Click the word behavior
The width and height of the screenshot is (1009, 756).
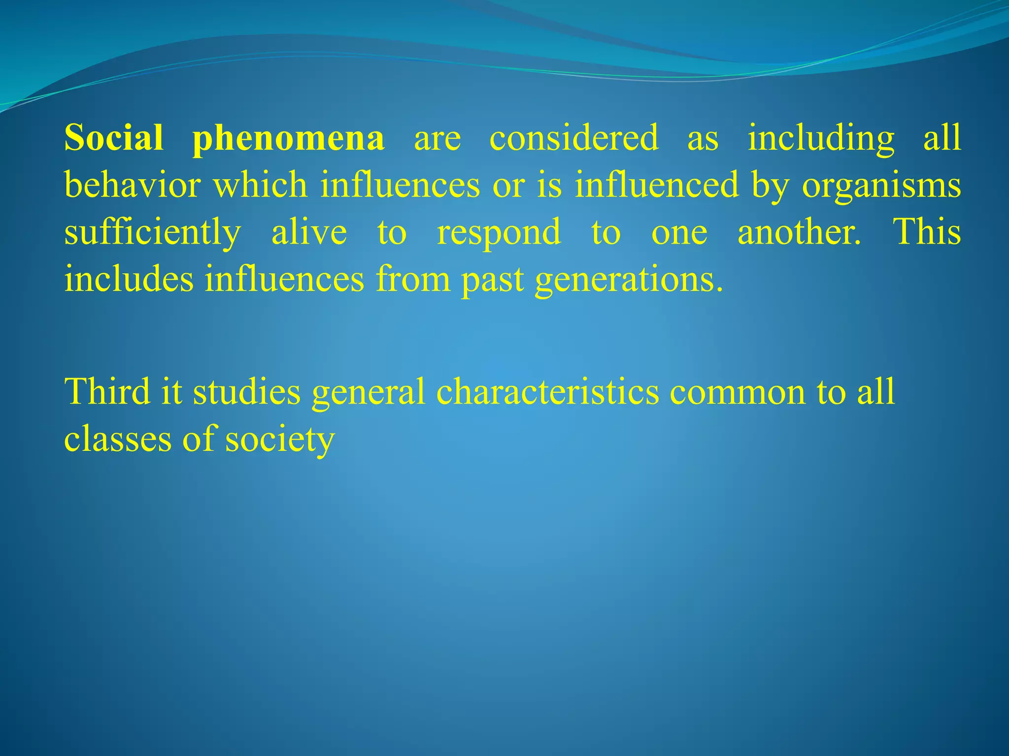[132, 185]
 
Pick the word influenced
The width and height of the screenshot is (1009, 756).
[657, 185]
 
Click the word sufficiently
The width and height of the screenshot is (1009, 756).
[153, 232]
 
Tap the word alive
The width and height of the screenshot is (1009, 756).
[309, 231]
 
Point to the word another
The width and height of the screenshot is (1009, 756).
[799, 231]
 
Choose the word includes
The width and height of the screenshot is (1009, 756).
[129, 279]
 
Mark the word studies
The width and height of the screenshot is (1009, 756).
[246, 391]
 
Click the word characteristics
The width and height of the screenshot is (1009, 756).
[547, 391]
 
